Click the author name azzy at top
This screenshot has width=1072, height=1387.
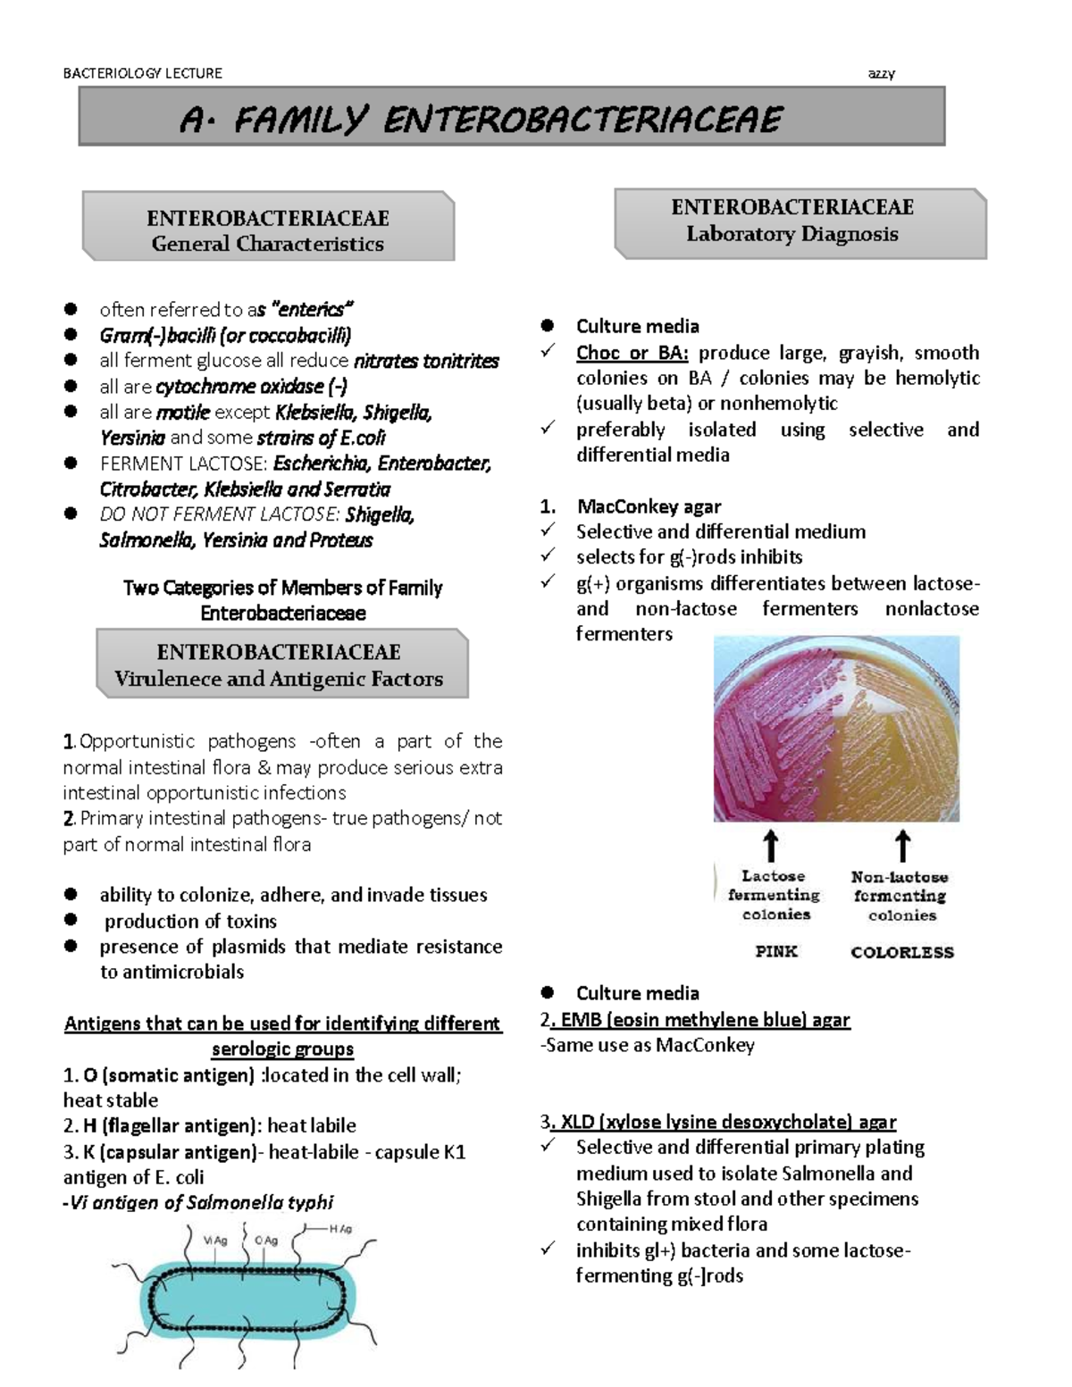(881, 73)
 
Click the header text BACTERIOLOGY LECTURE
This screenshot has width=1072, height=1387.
(142, 73)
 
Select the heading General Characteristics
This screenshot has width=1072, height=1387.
(267, 244)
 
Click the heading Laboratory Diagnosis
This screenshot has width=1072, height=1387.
(791, 234)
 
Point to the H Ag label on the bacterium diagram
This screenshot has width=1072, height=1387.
(340, 1229)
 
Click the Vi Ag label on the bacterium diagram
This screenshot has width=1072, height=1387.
(215, 1241)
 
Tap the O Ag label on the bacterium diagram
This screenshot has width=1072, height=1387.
(266, 1241)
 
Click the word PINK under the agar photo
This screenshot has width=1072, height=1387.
(775, 951)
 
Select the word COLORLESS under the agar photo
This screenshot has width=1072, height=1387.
(902, 952)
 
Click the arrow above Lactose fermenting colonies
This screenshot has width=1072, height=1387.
(770, 847)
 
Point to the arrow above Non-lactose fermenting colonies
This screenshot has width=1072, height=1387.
(902, 847)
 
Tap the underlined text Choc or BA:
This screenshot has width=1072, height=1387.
(632, 353)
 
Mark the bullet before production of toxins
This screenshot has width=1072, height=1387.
(71, 920)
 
